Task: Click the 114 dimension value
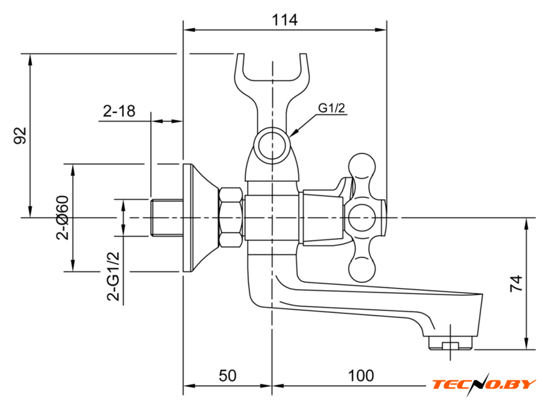285,20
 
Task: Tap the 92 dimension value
20,136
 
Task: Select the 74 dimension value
516,284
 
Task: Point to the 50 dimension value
227,376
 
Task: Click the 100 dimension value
361,376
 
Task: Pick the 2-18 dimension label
119,111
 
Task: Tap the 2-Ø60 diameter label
62,218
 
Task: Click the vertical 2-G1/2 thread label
113,276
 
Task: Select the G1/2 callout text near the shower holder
331,108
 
